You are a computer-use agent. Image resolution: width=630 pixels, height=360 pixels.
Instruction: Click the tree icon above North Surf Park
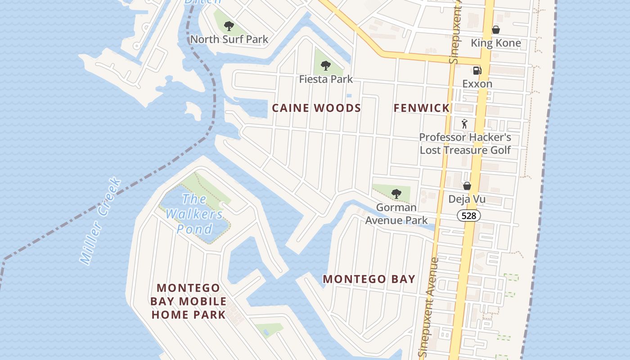pyautogui.click(x=229, y=26)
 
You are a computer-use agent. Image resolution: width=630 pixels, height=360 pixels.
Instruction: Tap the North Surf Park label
pyautogui.click(x=229, y=40)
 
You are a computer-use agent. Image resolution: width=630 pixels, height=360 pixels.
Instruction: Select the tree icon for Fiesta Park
pyautogui.click(x=326, y=66)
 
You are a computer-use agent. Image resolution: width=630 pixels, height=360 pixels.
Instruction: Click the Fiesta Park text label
pyautogui.click(x=326, y=80)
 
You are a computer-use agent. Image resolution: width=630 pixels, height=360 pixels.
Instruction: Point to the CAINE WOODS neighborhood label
pyautogui.click(x=316, y=108)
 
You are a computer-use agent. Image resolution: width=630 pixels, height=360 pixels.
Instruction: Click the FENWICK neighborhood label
pyautogui.click(x=422, y=108)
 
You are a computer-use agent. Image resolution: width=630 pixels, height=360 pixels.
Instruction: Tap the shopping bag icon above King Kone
pyautogui.click(x=495, y=30)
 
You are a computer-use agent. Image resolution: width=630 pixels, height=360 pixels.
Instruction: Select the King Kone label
pyautogui.click(x=495, y=43)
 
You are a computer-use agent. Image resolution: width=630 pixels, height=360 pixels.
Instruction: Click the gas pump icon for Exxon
pyautogui.click(x=477, y=70)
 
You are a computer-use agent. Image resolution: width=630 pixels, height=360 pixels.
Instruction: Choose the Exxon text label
pyautogui.click(x=477, y=84)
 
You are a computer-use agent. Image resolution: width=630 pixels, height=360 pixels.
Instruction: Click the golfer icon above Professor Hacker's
pyautogui.click(x=465, y=123)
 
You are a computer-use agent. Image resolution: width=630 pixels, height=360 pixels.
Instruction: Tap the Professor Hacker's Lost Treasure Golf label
pyautogui.click(x=465, y=144)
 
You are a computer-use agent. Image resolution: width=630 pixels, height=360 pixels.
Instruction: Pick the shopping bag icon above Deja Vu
pyautogui.click(x=467, y=185)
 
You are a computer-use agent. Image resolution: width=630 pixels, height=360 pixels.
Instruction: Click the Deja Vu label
pyautogui.click(x=467, y=199)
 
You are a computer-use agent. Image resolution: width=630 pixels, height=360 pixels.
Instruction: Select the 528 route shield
pyautogui.click(x=468, y=216)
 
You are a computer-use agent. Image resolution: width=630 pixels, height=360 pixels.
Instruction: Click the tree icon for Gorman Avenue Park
pyautogui.click(x=396, y=194)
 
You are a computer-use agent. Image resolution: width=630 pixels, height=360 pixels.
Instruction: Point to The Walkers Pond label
pyautogui.click(x=194, y=214)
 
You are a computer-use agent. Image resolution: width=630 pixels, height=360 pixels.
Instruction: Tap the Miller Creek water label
pyautogui.click(x=100, y=220)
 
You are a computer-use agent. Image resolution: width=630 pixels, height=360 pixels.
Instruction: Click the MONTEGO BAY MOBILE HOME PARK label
pyautogui.click(x=189, y=301)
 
